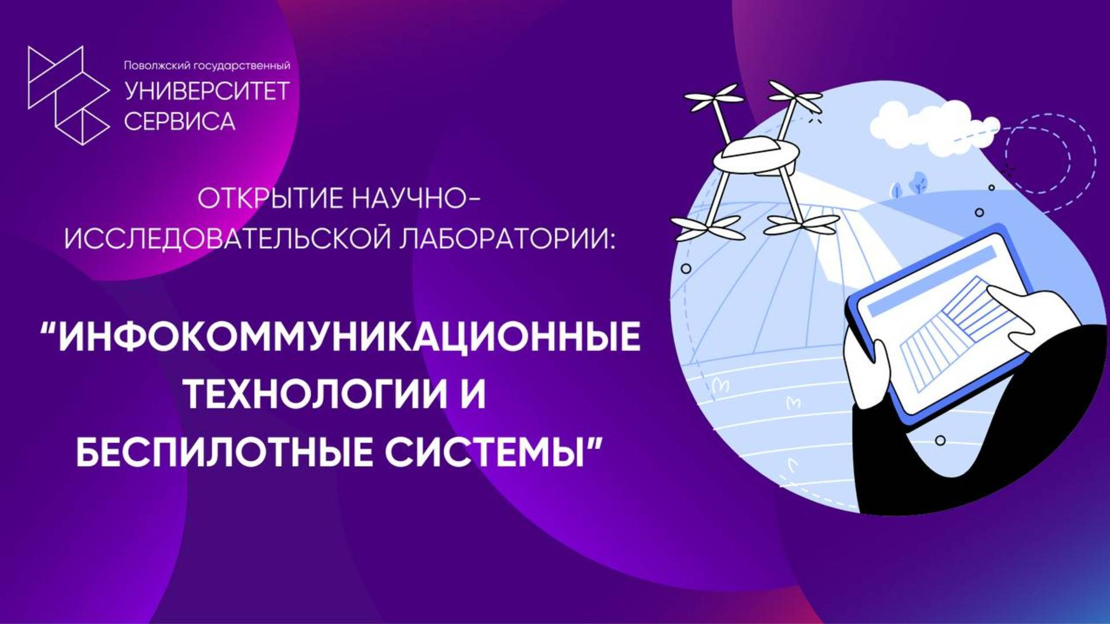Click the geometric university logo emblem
(x=68, y=95)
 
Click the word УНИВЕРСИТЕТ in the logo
(x=207, y=91)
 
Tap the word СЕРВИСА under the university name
(x=180, y=122)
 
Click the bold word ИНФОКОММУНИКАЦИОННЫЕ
(x=349, y=337)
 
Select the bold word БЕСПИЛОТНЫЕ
(x=225, y=452)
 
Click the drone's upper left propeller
(x=713, y=97)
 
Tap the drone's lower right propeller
(x=802, y=223)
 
